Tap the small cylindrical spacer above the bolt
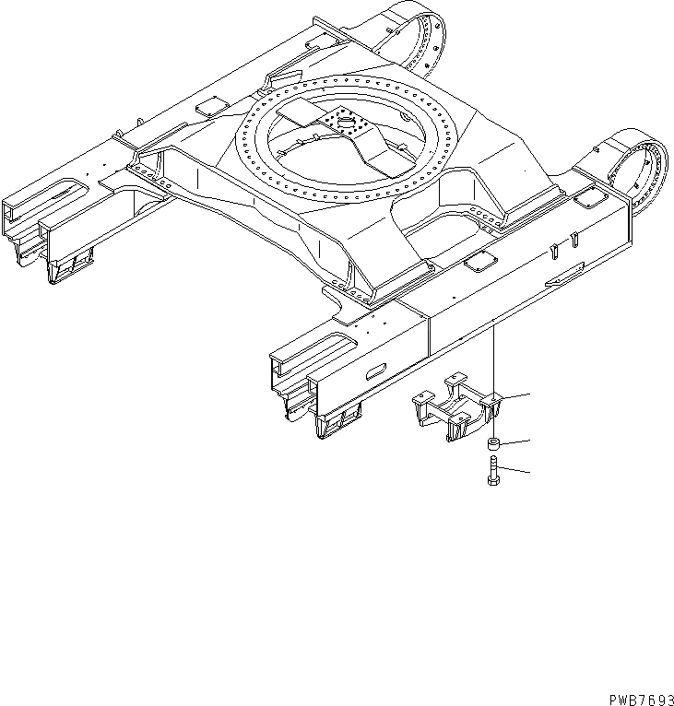click(x=494, y=444)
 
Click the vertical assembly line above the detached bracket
click(x=494, y=359)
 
